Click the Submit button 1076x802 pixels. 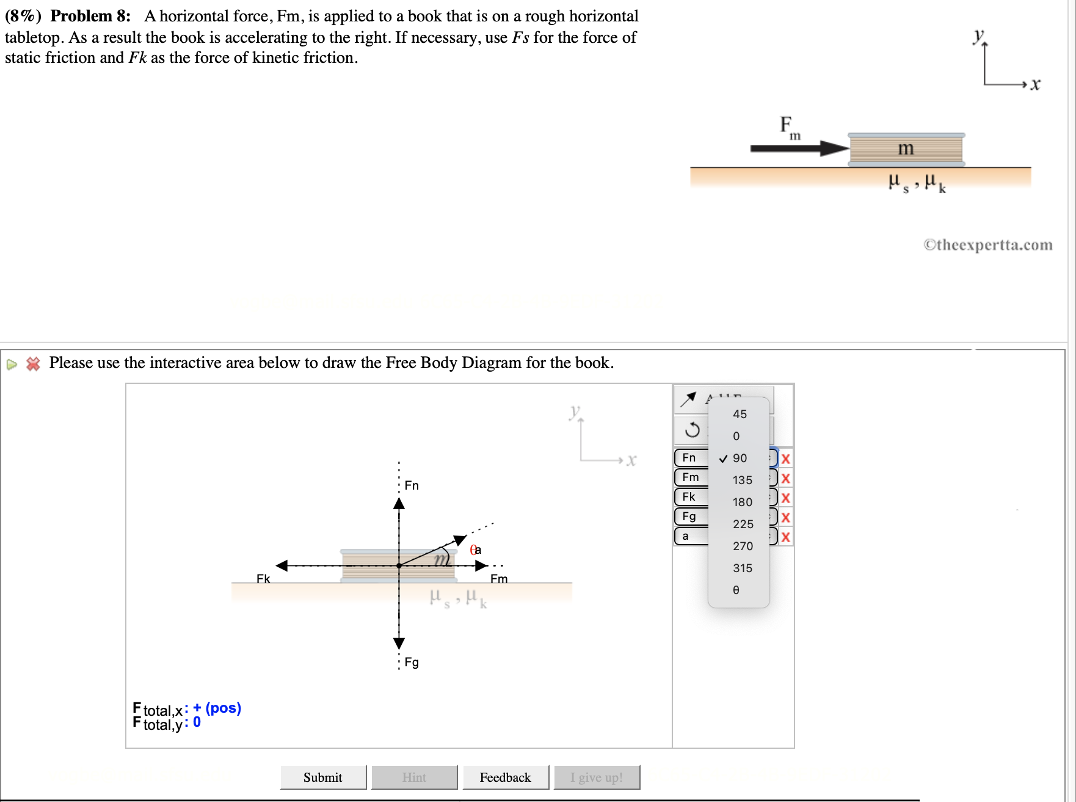tap(323, 777)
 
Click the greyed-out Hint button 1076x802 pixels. tap(414, 777)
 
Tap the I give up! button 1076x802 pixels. tap(596, 777)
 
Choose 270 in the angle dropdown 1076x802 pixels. tap(742, 546)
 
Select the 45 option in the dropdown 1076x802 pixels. tap(740, 414)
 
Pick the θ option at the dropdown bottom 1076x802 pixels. tap(736, 590)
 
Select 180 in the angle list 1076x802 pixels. tap(742, 502)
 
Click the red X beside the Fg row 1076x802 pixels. tap(786, 517)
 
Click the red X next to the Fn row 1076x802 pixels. tap(786, 458)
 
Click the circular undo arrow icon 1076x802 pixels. tap(692, 430)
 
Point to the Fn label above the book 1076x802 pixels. tap(412, 485)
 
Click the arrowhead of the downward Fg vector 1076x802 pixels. tap(399, 642)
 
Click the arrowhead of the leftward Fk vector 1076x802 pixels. tap(282, 565)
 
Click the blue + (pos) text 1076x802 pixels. tap(217, 708)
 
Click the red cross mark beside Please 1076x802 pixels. tap(33, 364)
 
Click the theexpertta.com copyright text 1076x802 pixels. tap(987, 245)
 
